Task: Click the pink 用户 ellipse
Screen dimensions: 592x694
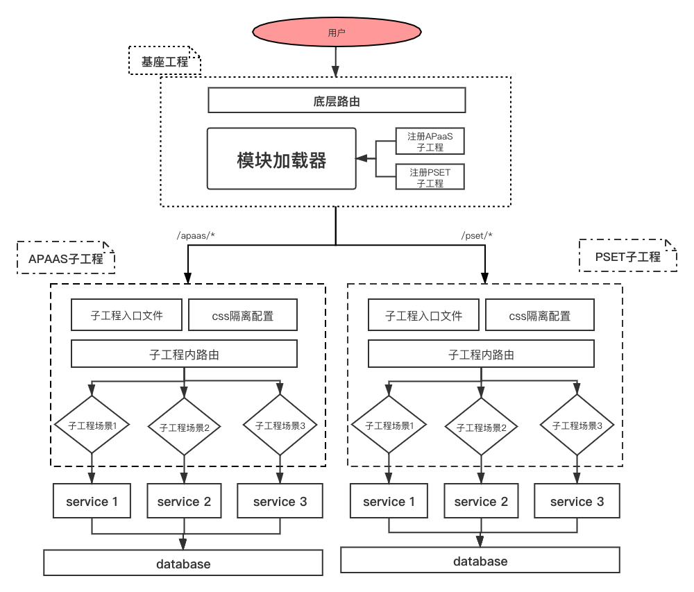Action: click(x=337, y=33)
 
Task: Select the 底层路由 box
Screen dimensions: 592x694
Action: click(x=337, y=101)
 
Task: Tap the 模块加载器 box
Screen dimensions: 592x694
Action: click(x=281, y=159)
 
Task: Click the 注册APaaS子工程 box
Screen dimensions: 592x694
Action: click(x=430, y=142)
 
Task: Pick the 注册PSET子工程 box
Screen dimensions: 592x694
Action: click(x=430, y=177)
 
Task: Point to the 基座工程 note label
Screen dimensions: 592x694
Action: click(x=164, y=62)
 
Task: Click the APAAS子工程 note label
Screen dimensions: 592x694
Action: click(x=66, y=258)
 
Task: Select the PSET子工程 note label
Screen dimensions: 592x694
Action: click(x=627, y=256)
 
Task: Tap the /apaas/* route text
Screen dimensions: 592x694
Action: click(x=196, y=235)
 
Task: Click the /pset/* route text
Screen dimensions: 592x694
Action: click(x=477, y=235)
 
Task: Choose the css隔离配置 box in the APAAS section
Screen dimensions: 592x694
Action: click(x=243, y=315)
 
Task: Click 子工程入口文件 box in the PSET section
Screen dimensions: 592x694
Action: click(x=423, y=315)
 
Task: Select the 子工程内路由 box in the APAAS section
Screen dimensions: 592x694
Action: click(x=184, y=354)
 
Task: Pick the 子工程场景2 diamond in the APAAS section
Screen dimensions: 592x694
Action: click(x=184, y=427)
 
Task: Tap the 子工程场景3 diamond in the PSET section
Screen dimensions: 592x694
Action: click(x=577, y=425)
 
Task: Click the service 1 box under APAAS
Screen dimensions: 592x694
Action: click(x=92, y=501)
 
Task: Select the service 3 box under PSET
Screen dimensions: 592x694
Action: click(x=577, y=501)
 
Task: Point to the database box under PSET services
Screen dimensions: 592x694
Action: click(x=480, y=561)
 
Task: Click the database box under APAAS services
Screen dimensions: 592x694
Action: click(x=183, y=564)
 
